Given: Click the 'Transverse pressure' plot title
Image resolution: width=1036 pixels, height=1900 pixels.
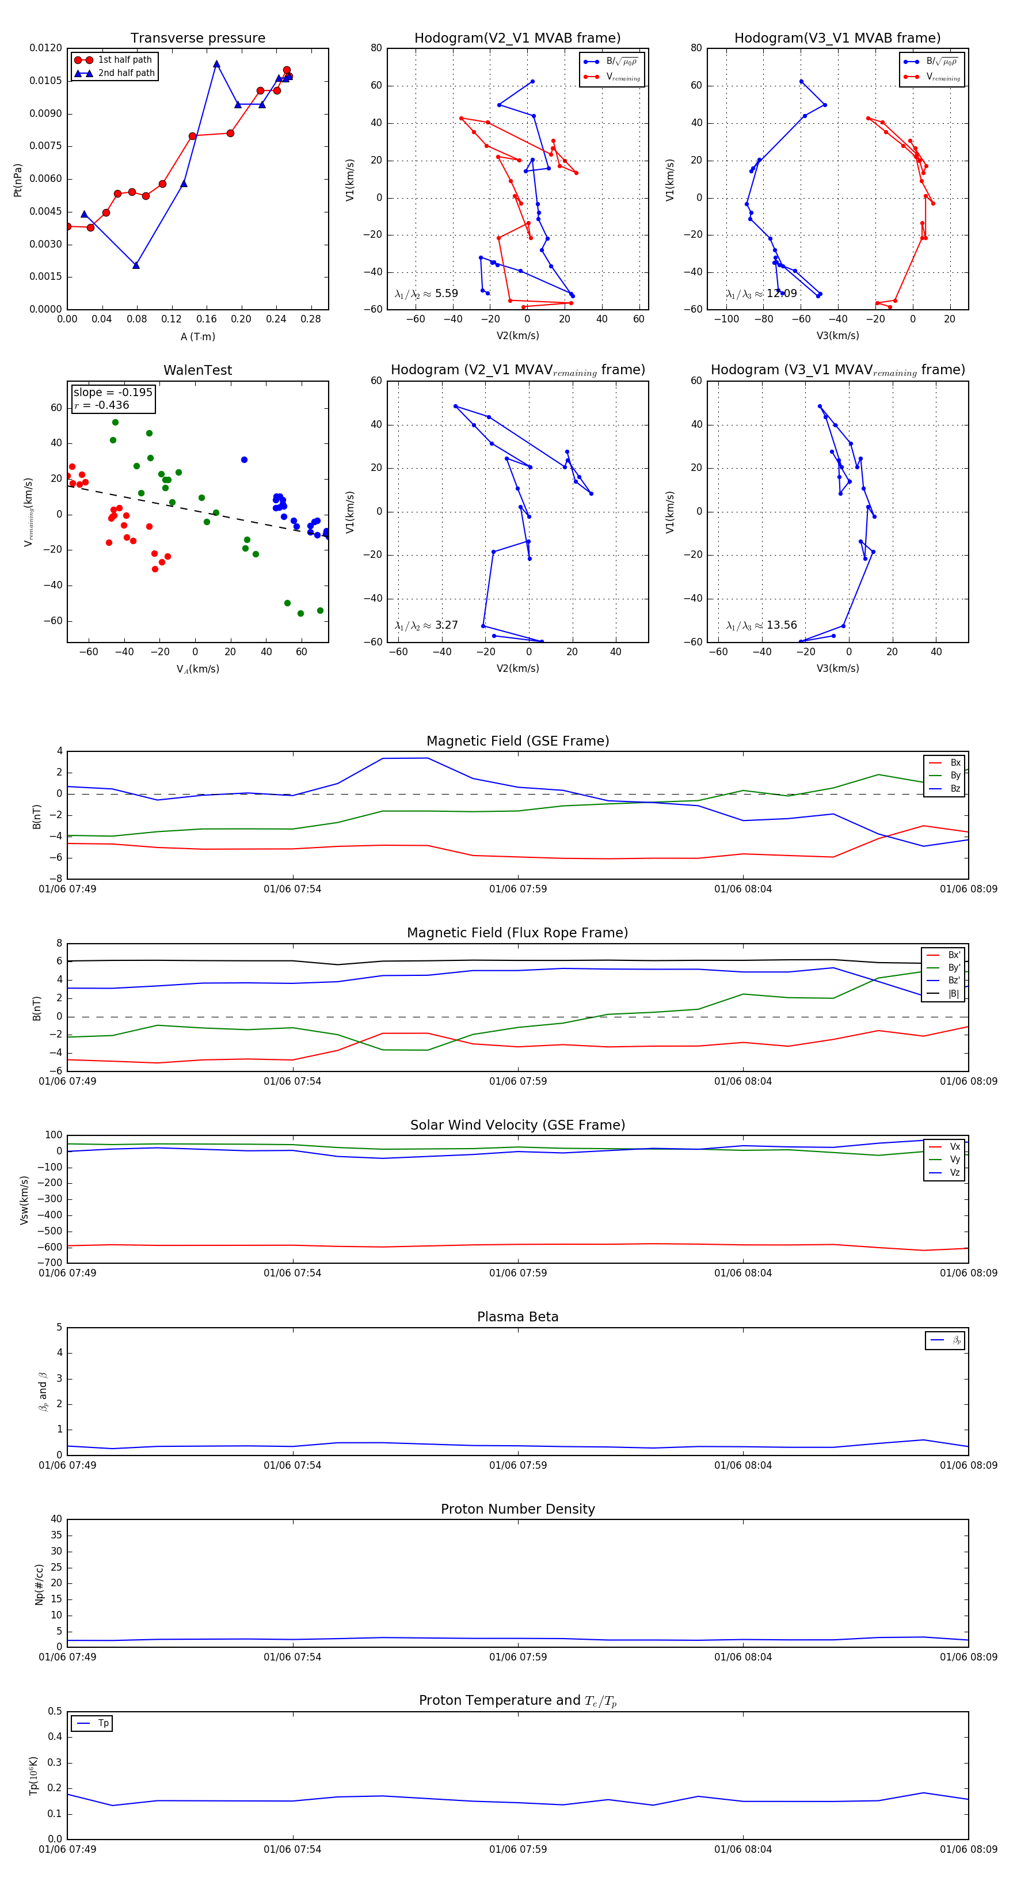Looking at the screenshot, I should click(197, 39).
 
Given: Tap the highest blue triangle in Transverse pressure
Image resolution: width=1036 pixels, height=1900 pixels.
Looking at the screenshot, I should click(216, 64).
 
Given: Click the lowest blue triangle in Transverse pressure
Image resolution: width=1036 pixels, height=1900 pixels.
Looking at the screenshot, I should click(136, 265).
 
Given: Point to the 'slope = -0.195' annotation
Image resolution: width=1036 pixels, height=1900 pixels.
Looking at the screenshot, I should click(113, 393).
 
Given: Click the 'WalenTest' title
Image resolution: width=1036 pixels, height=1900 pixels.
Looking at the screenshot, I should click(197, 370).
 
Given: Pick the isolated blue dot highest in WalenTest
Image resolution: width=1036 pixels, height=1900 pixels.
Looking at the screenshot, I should click(244, 459).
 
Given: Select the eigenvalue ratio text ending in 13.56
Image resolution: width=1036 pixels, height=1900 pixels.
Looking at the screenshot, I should click(761, 625).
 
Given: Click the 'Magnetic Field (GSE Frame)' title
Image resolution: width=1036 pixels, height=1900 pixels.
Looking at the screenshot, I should click(517, 741).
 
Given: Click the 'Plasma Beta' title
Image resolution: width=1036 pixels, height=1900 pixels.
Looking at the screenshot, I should click(517, 1317).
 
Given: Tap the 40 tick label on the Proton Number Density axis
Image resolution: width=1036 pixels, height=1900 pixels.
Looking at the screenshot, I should click(56, 1519).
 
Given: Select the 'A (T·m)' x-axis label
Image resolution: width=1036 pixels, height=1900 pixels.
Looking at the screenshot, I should click(197, 336).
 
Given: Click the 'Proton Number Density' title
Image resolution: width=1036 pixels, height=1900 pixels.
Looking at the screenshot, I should click(517, 1508).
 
